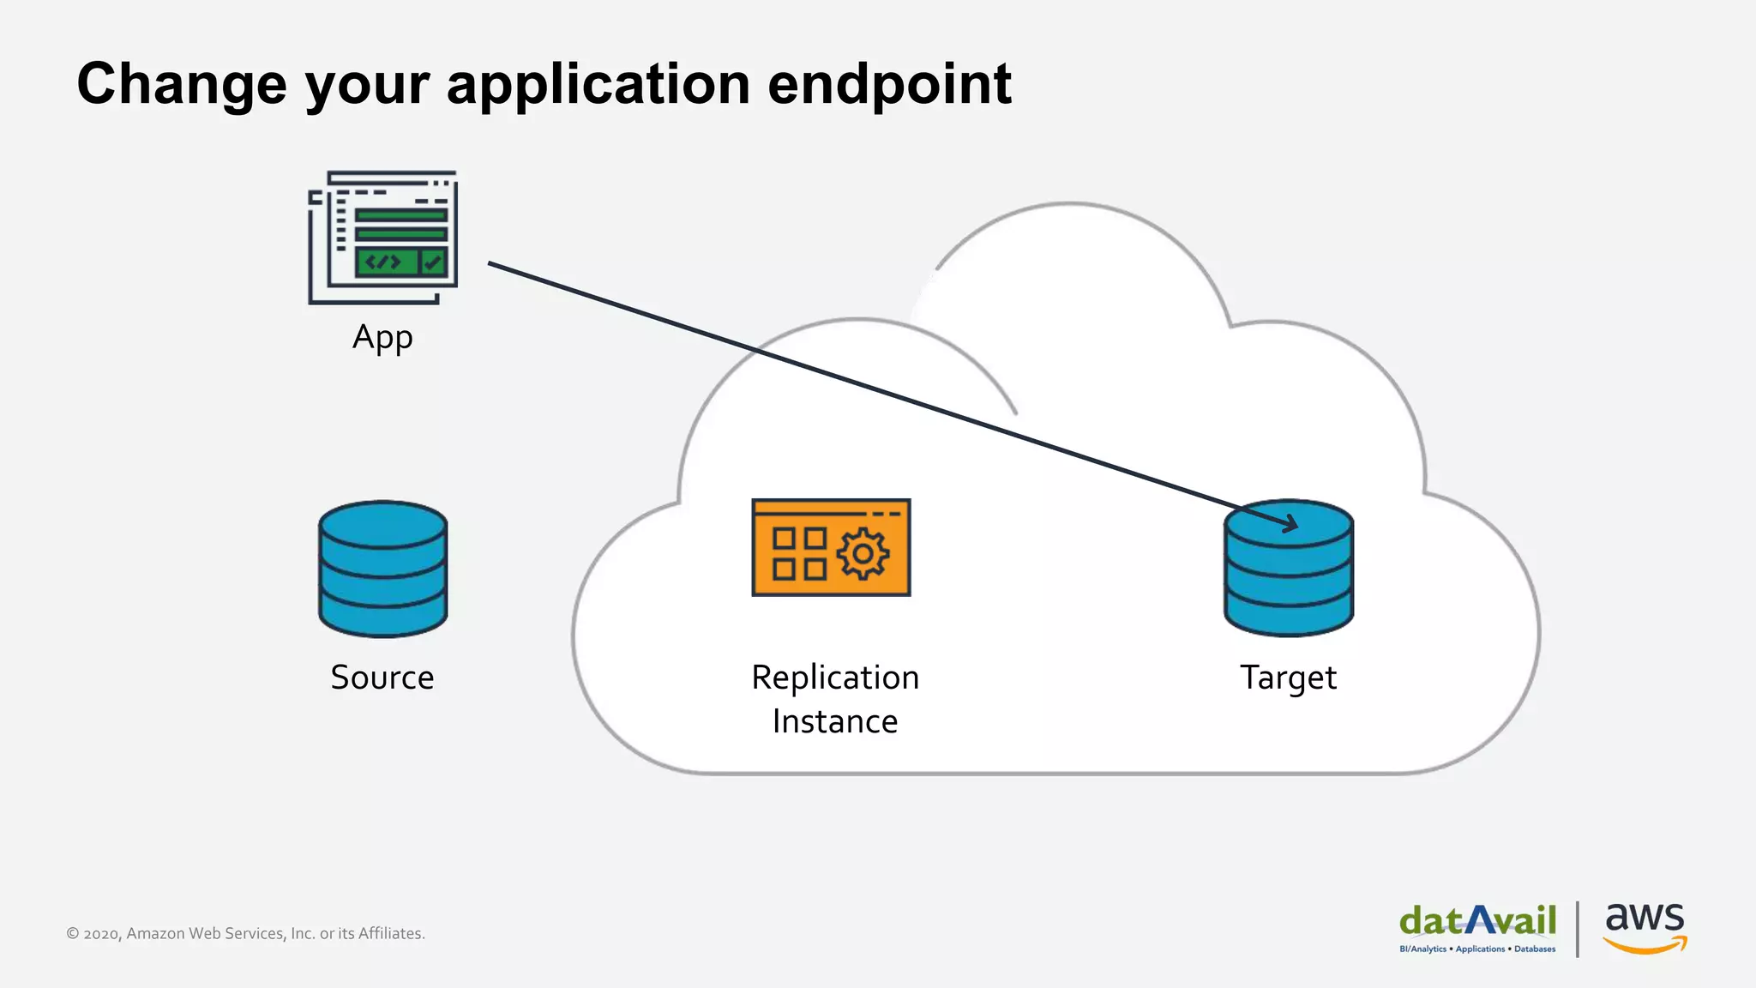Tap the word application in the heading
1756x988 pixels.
[x=598, y=86]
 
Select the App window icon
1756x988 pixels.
[x=383, y=237]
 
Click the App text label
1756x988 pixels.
[x=382, y=338]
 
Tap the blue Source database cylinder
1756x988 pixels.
[x=382, y=569]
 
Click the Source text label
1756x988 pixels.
[x=382, y=678]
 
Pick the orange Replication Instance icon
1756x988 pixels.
[x=831, y=547]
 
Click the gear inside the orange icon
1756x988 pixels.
[x=863, y=553]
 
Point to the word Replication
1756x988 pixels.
[x=835, y=678]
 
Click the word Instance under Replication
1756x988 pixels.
[x=835, y=721]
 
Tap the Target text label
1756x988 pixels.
[x=1288, y=678]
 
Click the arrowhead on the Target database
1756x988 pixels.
[x=1290, y=522]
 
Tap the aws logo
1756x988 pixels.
[x=1645, y=926]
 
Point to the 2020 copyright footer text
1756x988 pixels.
[x=245, y=933]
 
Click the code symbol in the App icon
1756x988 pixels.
[x=383, y=262]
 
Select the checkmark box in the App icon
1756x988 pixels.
[x=433, y=262]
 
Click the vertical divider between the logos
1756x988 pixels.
[x=1578, y=928]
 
